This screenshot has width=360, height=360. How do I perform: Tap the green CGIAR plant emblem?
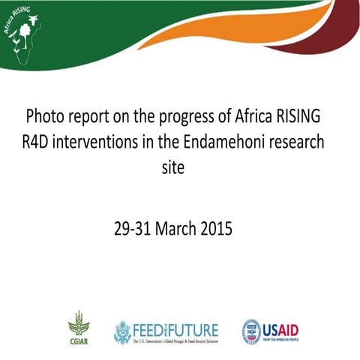click(x=79, y=325)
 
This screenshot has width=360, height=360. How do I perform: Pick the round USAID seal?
click(x=251, y=331)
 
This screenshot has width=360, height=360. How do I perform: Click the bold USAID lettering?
click(x=281, y=328)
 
